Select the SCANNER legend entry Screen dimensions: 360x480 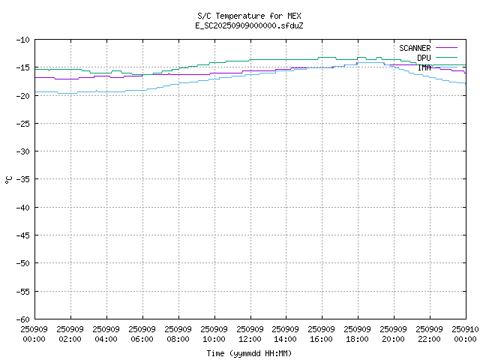[415, 48]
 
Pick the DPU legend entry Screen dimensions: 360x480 [424, 58]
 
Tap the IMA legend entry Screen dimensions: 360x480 [424, 67]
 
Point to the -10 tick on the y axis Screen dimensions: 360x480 [22, 40]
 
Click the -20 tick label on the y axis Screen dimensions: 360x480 [22, 95]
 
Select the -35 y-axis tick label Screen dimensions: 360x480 [22, 179]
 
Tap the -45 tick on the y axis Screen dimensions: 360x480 [22, 235]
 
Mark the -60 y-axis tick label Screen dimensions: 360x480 [22, 319]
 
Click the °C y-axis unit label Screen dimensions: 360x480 [9, 179]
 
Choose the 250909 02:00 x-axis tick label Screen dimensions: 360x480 [70, 334]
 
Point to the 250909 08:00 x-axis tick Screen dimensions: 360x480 [178, 334]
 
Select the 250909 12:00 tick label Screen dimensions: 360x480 [250, 334]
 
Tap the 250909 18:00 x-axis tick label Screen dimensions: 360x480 [358, 334]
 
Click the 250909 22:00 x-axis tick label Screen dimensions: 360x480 [430, 334]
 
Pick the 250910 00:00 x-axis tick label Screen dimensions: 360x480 [465, 334]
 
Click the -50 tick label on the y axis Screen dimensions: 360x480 [22, 263]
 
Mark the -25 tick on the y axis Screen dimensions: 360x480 [22, 123]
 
